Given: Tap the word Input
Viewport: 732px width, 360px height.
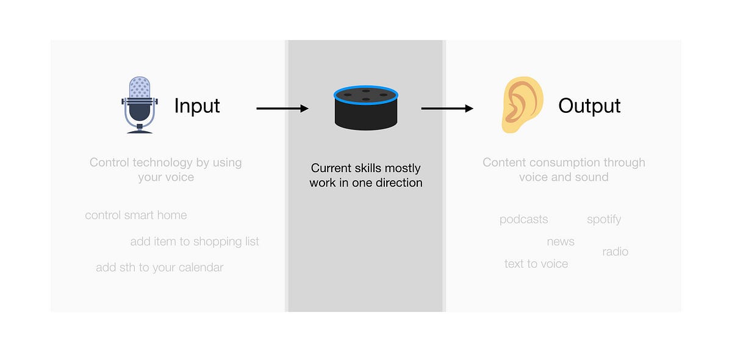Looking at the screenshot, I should point(196,106).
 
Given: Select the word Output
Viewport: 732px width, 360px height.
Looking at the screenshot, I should point(589,106).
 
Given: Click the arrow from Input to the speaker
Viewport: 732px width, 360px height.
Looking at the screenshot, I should point(282,109).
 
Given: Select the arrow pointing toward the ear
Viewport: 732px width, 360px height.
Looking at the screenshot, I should point(447,109).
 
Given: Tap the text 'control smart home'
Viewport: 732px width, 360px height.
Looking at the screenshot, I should point(136,215).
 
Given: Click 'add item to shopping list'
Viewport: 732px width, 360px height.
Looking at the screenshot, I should point(195,242).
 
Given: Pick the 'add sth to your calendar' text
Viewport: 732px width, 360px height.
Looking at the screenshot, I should point(160,268).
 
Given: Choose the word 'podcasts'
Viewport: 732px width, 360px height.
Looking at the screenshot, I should point(523,220).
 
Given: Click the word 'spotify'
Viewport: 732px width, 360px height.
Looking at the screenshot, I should point(604,220).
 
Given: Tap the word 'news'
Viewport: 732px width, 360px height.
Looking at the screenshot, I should point(561,242).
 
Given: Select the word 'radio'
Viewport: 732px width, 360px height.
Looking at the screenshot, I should point(615,252).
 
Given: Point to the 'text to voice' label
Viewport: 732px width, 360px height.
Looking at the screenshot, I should point(536,264).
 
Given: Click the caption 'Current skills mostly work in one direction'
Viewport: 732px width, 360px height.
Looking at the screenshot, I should point(366,175).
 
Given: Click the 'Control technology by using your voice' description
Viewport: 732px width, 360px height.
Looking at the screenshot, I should point(166,170).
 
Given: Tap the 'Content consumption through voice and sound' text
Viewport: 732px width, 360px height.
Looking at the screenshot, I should point(564,170).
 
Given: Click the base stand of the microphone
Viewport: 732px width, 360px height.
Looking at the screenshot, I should point(140,129).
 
